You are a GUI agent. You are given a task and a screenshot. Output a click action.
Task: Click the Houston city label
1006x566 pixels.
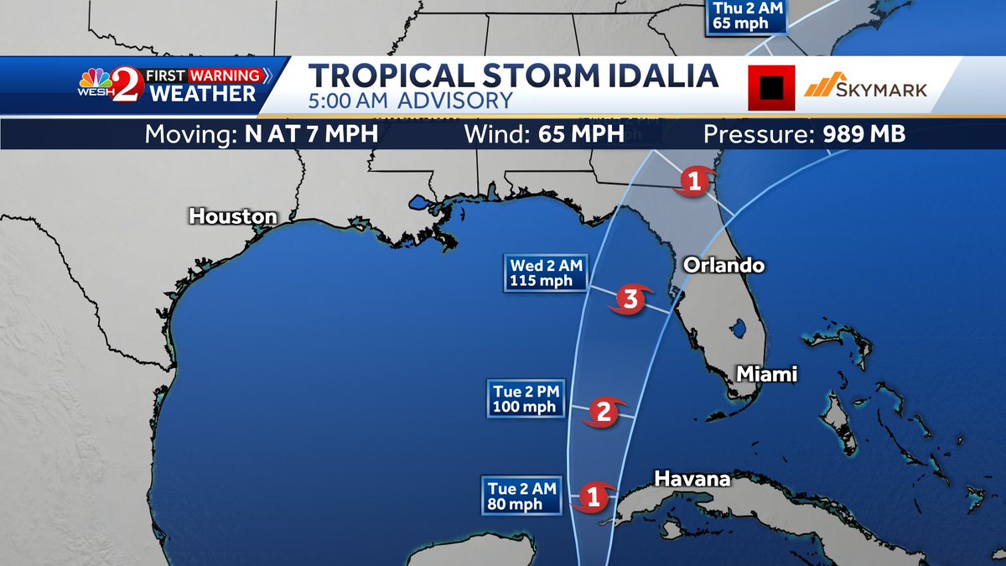click(232, 216)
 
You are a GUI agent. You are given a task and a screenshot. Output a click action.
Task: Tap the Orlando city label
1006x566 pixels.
click(724, 265)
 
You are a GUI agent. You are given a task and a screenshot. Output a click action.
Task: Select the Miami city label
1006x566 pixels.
click(766, 374)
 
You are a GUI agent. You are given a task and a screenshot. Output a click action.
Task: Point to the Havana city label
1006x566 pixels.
click(692, 480)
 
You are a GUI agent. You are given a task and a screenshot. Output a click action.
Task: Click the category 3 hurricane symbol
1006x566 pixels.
click(630, 299)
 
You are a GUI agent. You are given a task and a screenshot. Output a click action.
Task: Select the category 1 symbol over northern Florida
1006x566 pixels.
click(693, 180)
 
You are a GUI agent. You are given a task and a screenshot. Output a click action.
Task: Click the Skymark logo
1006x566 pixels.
click(865, 86)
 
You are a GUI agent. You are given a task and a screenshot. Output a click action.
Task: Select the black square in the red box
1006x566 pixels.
click(771, 87)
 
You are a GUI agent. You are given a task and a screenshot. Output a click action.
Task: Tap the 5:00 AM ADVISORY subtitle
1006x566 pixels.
click(411, 101)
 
